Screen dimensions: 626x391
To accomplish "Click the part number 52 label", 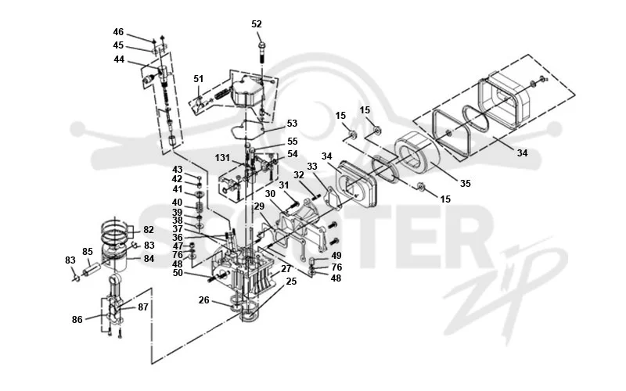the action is point(257,24).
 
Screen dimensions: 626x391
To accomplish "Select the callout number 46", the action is point(118,32).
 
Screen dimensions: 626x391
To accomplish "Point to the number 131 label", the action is point(222,158).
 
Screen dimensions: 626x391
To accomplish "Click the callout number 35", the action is point(466,184).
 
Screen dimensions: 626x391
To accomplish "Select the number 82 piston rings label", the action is point(149,230).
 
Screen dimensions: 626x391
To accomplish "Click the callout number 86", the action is point(77,320).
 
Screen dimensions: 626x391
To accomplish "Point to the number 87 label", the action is point(143,307).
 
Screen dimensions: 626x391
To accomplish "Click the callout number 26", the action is point(203,300).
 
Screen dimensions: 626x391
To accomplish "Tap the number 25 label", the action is point(291,282).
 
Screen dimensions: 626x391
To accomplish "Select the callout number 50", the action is point(178,273).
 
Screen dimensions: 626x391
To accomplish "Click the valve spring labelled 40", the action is point(200,207).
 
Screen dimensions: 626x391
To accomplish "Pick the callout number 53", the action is point(292,124).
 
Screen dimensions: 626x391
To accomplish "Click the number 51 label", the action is point(199,79).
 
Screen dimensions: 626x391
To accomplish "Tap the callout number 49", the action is point(336,256).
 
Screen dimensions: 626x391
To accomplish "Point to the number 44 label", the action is point(119,59).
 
